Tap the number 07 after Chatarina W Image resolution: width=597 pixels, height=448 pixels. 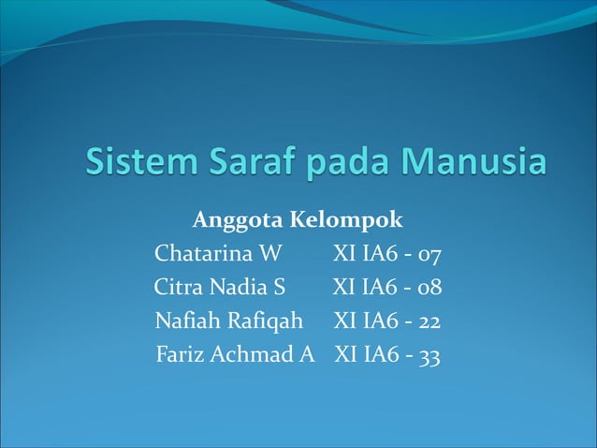(x=430, y=255)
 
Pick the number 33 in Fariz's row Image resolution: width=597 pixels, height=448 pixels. (x=430, y=356)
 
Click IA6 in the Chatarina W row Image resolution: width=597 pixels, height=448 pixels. (x=377, y=255)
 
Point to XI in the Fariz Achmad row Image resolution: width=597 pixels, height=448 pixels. (x=345, y=356)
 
